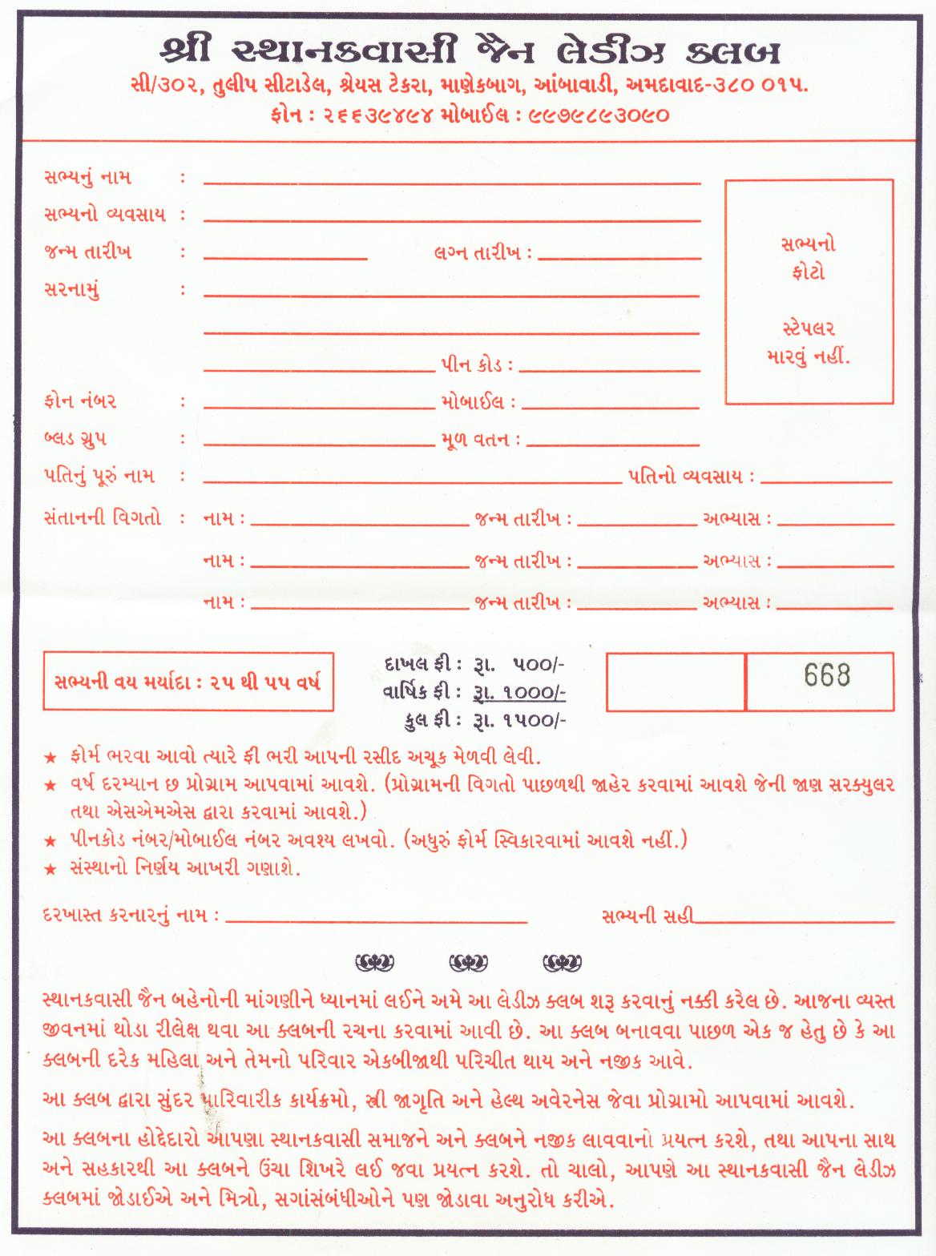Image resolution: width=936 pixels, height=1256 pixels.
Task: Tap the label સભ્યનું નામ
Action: (87, 177)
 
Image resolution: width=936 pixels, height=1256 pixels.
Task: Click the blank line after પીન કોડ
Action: (609, 371)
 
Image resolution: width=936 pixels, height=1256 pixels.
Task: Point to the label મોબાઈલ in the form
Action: (472, 402)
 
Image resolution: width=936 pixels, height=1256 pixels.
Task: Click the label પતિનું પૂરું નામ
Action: (99, 477)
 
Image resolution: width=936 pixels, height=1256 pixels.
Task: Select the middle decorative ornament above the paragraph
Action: (467, 961)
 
